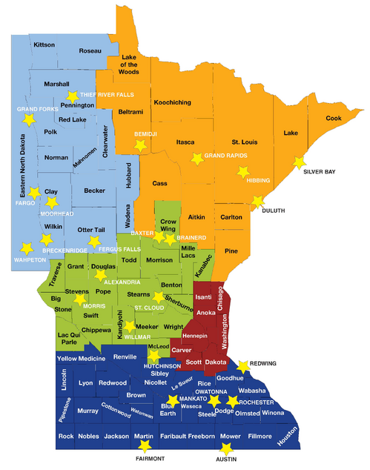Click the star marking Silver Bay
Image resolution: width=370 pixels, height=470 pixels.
(x=300, y=162)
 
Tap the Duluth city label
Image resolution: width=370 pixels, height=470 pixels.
(x=275, y=211)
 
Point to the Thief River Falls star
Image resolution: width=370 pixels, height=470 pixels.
(x=73, y=96)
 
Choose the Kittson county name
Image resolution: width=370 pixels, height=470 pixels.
(x=44, y=45)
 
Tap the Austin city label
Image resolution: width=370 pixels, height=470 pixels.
(x=227, y=459)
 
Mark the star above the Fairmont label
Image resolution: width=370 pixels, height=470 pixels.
(x=145, y=446)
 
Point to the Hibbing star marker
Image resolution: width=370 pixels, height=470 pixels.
(x=242, y=172)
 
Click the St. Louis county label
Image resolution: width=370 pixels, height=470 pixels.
(x=245, y=141)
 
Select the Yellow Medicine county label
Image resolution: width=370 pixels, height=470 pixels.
(x=81, y=358)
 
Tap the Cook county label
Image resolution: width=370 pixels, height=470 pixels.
(x=334, y=118)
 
